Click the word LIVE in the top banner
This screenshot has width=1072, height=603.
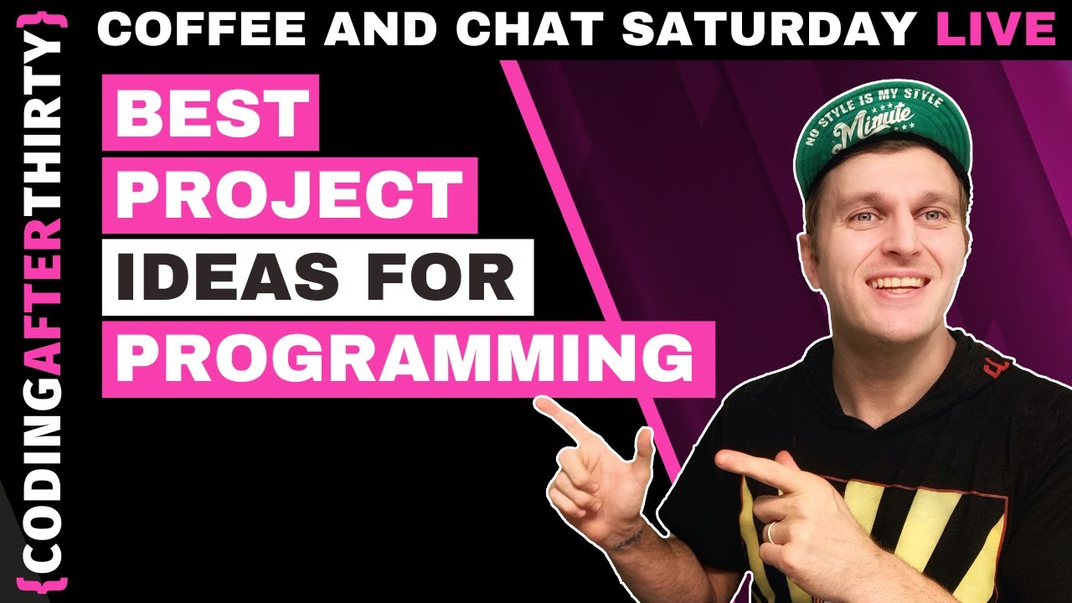point(996,29)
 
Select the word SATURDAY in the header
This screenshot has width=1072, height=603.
point(769,29)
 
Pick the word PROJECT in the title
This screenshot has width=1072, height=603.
point(289,195)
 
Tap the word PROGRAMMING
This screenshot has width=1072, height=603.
point(407,358)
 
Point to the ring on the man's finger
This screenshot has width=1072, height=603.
point(772,531)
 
